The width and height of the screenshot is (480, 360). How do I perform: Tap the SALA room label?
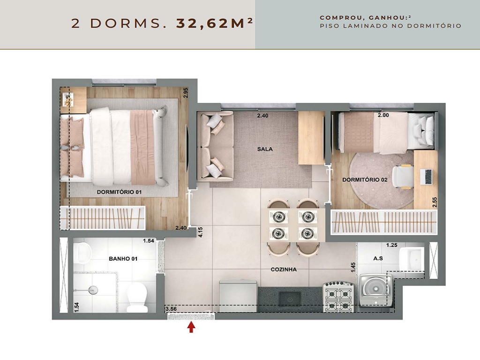[265, 149]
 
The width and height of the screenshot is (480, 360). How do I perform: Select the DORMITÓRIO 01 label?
[120, 192]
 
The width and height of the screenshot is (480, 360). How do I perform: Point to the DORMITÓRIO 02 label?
[365, 180]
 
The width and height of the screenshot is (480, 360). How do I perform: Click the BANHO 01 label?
[123, 259]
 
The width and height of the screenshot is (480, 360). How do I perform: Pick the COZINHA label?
[284, 270]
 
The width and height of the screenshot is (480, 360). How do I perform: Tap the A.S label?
[378, 258]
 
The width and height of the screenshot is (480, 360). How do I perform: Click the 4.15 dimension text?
[201, 232]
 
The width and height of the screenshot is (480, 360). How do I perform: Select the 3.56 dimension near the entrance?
[171, 309]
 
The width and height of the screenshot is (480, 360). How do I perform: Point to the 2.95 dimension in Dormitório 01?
[185, 93]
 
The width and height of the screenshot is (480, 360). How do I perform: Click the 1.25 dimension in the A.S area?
[392, 245]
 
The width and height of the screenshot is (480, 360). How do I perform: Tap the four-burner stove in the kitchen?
[338, 297]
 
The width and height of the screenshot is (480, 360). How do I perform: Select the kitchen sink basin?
[290, 298]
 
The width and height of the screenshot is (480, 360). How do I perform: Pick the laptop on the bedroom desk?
[426, 177]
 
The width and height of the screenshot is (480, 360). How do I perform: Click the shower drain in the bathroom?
[93, 290]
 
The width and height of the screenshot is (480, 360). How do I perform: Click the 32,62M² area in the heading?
[215, 23]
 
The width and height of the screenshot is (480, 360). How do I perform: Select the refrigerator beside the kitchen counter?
[238, 296]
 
